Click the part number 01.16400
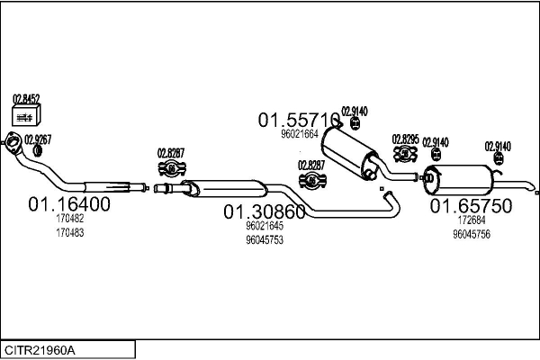pyautogui.click(x=70, y=204)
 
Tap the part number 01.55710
pyautogui.click(x=300, y=119)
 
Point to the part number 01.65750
pyautogui.click(x=471, y=206)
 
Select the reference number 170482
pyautogui.click(x=69, y=219)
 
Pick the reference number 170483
pyautogui.click(x=69, y=232)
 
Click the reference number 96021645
pyautogui.click(x=265, y=227)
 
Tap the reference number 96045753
pyautogui.click(x=265, y=240)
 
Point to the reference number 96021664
pyautogui.click(x=300, y=134)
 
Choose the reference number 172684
pyautogui.click(x=471, y=220)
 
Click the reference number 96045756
pyautogui.click(x=471, y=234)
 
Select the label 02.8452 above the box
pyautogui.click(x=26, y=100)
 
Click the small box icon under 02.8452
pyautogui.click(x=26, y=114)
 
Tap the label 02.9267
pyautogui.click(x=38, y=139)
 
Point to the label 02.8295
pyautogui.click(x=405, y=139)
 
